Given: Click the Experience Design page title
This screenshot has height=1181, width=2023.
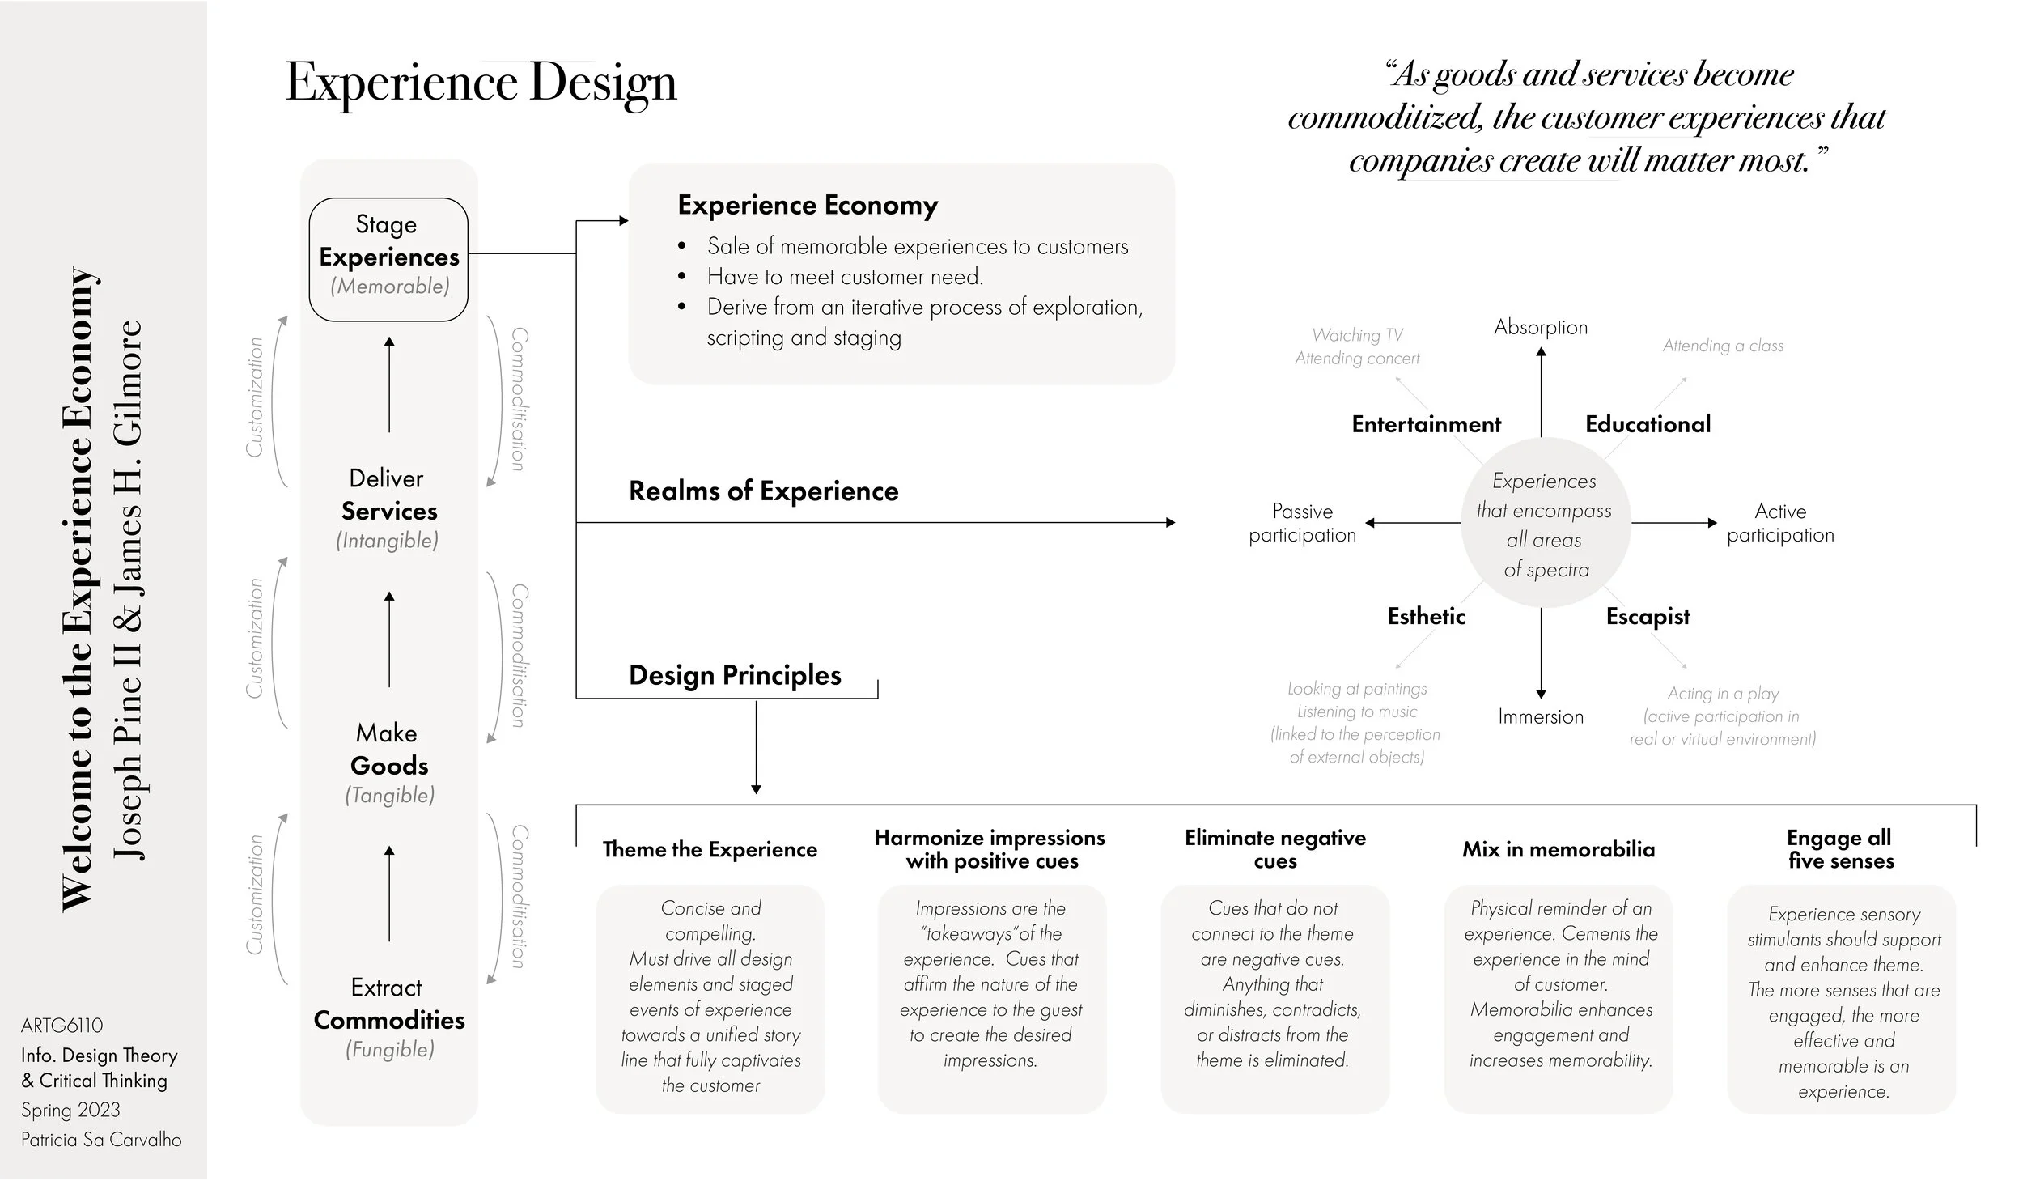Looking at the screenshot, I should click(481, 83).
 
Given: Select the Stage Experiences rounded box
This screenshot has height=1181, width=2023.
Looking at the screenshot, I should click(388, 258).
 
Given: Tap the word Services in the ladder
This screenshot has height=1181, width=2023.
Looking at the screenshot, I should click(389, 512).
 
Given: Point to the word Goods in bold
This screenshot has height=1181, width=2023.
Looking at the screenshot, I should click(389, 766).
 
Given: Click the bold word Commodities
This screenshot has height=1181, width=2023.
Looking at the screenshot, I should click(389, 1020).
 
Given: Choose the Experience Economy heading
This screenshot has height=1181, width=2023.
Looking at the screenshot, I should click(808, 206).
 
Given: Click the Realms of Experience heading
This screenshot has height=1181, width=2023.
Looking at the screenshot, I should click(763, 491).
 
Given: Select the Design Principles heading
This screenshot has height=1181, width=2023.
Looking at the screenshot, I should click(735, 675).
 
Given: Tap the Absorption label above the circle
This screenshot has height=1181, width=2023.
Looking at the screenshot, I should click(1541, 327).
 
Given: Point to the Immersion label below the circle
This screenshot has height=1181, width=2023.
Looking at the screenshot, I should click(1541, 716).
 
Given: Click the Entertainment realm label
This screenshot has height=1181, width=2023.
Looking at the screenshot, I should click(1426, 424).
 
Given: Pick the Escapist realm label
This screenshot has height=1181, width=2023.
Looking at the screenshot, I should click(1648, 617).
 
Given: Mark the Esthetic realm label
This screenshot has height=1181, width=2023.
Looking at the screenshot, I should click(1426, 617).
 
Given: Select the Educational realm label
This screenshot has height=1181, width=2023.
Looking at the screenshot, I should click(1648, 424).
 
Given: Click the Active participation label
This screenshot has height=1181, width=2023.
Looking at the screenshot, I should click(1780, 523).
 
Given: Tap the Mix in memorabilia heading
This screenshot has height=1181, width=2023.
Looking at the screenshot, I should click(1559, 849).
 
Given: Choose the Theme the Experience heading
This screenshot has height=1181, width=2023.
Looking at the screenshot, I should click(710, 849).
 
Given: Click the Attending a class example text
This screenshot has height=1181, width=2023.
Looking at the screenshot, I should click(1723, 346).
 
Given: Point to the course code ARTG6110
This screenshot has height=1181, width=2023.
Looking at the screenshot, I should click(62, 1026).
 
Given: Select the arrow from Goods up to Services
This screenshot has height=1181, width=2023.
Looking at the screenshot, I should click(389, 639).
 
